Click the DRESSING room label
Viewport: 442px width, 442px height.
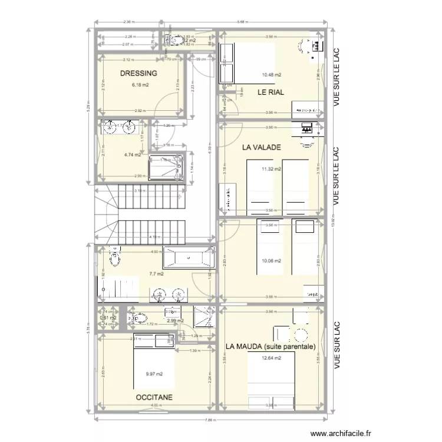[x=138, y=74]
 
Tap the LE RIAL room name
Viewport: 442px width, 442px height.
[x=271, y=93]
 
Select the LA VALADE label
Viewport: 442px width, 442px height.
[x=262, y=147]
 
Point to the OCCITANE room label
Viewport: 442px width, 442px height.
[x=154, y=398]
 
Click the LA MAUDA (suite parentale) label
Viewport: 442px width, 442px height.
[x=271, y=347]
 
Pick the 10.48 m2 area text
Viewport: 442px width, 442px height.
[x=272, y=75]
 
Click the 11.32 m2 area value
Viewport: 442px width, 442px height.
[x=272, y=169]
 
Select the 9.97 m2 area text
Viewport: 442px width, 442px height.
[x=154, y=374]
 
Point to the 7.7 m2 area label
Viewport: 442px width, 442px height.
[x=156, y=273]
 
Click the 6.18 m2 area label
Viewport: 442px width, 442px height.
[x=140, y=85]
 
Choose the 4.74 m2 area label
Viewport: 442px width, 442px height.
[x=133, y=155]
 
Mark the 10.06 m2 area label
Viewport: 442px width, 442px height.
[x=272, y=261]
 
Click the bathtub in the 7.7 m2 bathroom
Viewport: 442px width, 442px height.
[x=188, y=257]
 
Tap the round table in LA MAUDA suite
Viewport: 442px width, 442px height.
[x=300, y=337]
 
